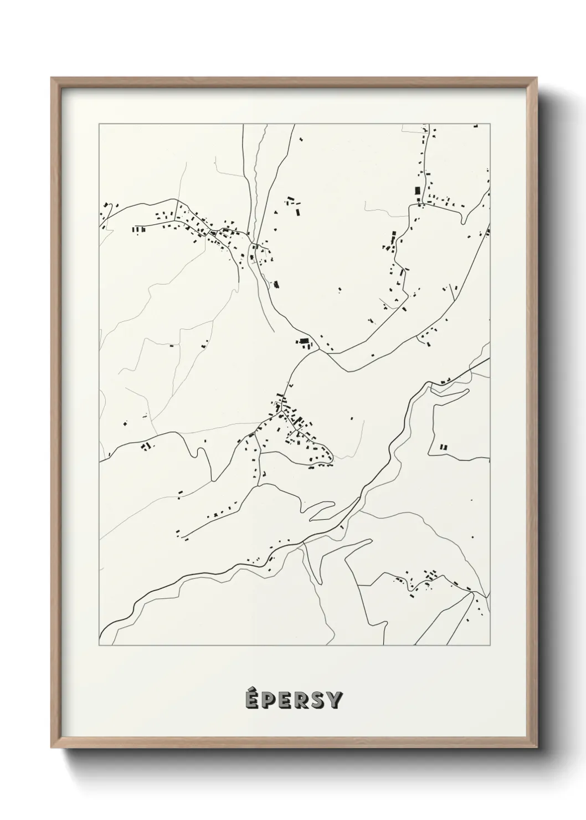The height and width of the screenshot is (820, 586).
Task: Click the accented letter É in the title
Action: tap(251, 700)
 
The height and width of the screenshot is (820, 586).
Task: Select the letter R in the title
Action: tap(302, 701)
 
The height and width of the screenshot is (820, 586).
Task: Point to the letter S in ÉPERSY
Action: tap(318, 701)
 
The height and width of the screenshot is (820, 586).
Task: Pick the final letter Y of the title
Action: tap(335, 701)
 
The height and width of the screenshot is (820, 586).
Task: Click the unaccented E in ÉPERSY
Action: tap(285, 701)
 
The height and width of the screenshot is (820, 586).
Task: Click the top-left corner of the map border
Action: tap(99, 124)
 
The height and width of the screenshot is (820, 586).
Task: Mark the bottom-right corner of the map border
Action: tap(490, 645)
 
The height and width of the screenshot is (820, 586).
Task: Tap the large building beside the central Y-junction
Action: tap(304, 342)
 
